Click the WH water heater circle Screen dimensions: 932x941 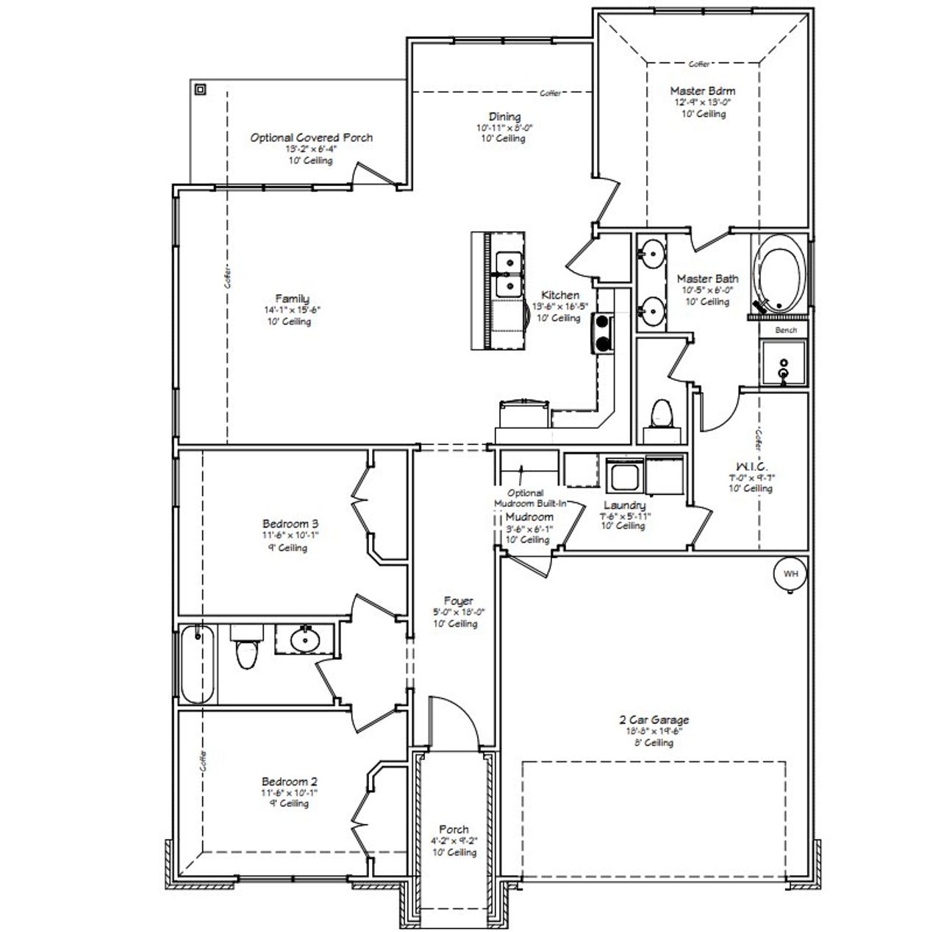click(x=790, y=574)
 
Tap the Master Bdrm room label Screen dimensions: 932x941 click(x=702, y=91)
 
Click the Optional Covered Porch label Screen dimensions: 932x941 click(x=311, y=138)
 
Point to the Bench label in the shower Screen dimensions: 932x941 click(x=786, y=330)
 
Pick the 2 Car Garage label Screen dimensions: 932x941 click(x=654, y=720)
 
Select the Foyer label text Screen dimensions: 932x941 click(x=459, y=601)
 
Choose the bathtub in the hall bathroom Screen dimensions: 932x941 click(x=197, y=664)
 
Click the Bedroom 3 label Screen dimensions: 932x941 click(x=290, y=524)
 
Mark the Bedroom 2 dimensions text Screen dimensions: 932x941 click(x=290, y=793)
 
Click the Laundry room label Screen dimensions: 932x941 click(x=624, y=505)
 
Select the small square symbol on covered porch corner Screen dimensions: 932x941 click(x=200, y=90)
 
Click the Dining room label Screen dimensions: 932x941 click(x=504, y=116)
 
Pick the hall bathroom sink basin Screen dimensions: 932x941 click(x=303, y=639)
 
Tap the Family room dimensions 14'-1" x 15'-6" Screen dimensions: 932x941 click(x=292, y=310)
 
